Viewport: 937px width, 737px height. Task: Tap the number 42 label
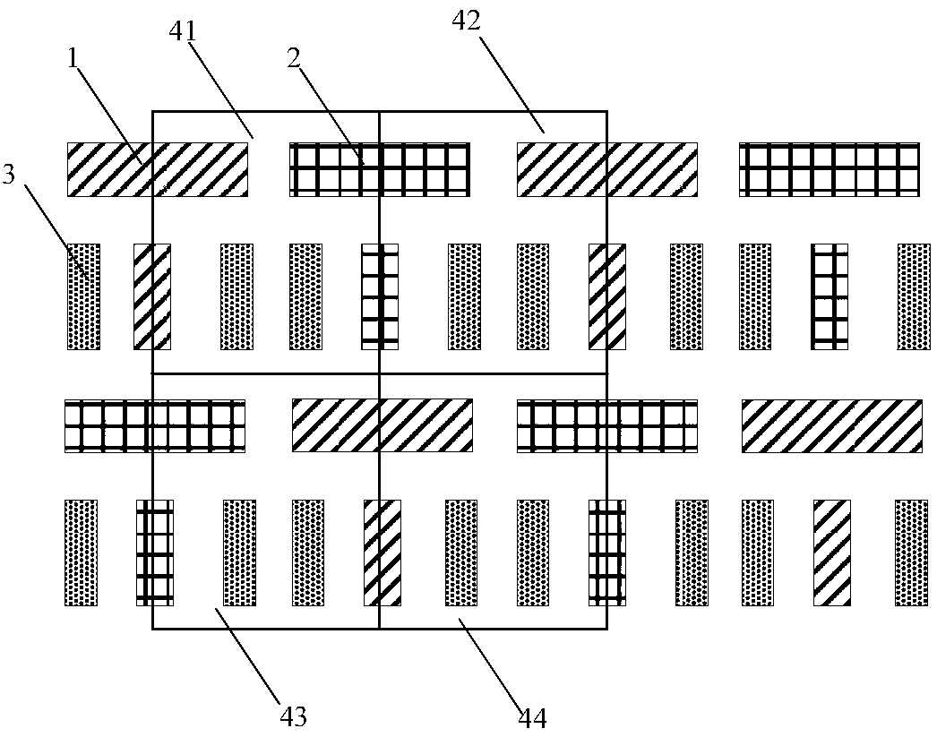467,21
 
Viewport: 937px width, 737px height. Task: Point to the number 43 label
294,716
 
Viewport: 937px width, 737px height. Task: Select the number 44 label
532,716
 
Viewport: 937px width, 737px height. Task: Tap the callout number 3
9,174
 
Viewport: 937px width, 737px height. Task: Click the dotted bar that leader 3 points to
84,296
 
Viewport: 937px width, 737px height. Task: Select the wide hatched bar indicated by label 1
158,169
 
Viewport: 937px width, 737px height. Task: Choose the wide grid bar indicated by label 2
380,169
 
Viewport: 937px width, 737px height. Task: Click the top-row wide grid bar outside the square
830,169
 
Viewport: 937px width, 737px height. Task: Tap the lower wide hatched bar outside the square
831,425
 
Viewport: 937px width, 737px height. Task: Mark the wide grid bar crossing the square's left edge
155,425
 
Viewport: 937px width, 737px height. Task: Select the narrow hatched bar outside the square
830,553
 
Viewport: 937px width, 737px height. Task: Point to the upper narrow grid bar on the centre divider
379,296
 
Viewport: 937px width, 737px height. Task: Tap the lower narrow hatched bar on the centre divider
381,553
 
